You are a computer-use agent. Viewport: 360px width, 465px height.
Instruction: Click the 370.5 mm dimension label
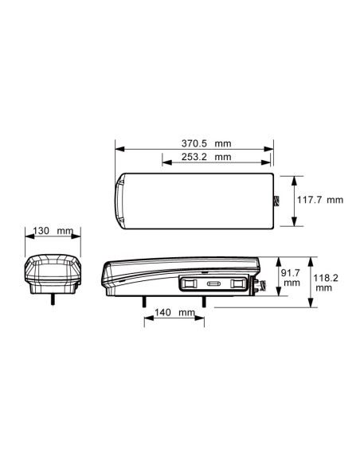(206, 143)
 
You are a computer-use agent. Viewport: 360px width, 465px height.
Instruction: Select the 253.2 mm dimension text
(206, 157)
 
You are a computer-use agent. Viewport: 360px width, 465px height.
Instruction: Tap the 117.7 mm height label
(320, 200)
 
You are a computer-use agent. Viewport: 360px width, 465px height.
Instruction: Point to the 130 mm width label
(53, 230)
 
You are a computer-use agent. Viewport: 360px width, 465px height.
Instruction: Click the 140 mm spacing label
(174, 312)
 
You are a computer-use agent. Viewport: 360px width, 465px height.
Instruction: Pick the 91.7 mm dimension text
(291, 278)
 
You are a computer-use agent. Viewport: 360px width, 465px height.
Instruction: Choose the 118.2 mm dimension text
(326, 283)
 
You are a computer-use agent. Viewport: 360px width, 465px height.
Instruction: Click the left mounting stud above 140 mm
(144, 302)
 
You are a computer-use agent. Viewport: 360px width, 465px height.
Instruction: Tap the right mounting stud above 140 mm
(204, 302)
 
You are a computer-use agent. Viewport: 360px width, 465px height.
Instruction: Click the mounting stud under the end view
(53, 299)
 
